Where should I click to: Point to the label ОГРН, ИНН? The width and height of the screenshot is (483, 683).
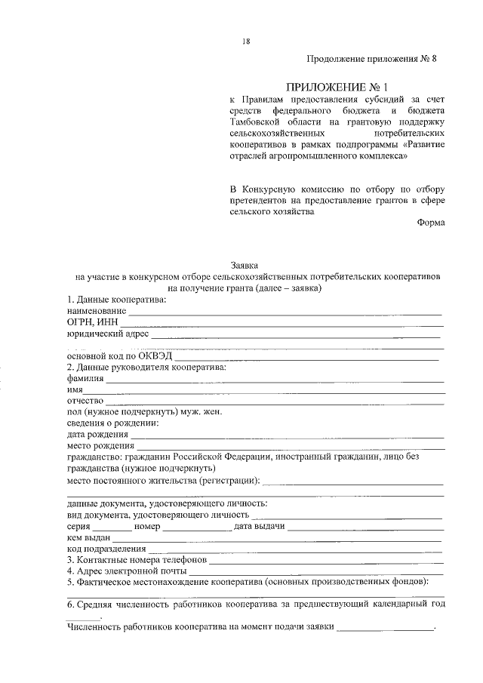click(x=88, y=322)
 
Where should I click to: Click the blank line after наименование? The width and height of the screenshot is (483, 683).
click(x=285, y=311)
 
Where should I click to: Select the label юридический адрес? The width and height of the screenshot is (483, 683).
click(x=108, y=334)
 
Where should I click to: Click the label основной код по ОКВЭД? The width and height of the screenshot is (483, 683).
click(x=119, y=356)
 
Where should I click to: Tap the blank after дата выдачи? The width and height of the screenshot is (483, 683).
click(x=364, y=527)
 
